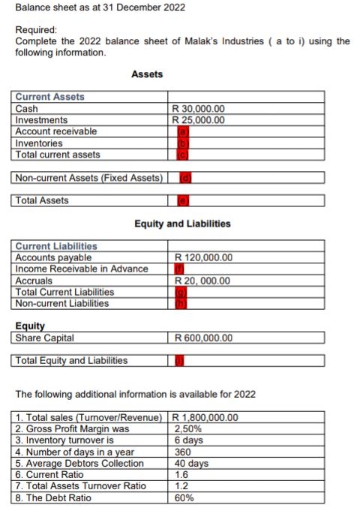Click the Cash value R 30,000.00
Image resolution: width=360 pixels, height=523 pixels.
pos(199,109)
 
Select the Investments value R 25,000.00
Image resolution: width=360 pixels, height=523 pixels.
pos(199,120)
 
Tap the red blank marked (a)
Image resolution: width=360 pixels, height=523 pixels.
pos(181,131)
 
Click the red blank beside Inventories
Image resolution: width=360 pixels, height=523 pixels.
pos(181,143)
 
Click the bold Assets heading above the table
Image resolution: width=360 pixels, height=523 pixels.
pos(147,74)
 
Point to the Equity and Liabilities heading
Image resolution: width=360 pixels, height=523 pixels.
pos(182,224)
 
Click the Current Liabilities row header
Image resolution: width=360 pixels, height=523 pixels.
pos(56,246)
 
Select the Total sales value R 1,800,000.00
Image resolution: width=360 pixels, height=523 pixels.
pos(205,417)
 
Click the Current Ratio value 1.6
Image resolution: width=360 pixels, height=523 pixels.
pos(180,474)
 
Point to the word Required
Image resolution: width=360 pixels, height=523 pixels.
pos(36,29)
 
